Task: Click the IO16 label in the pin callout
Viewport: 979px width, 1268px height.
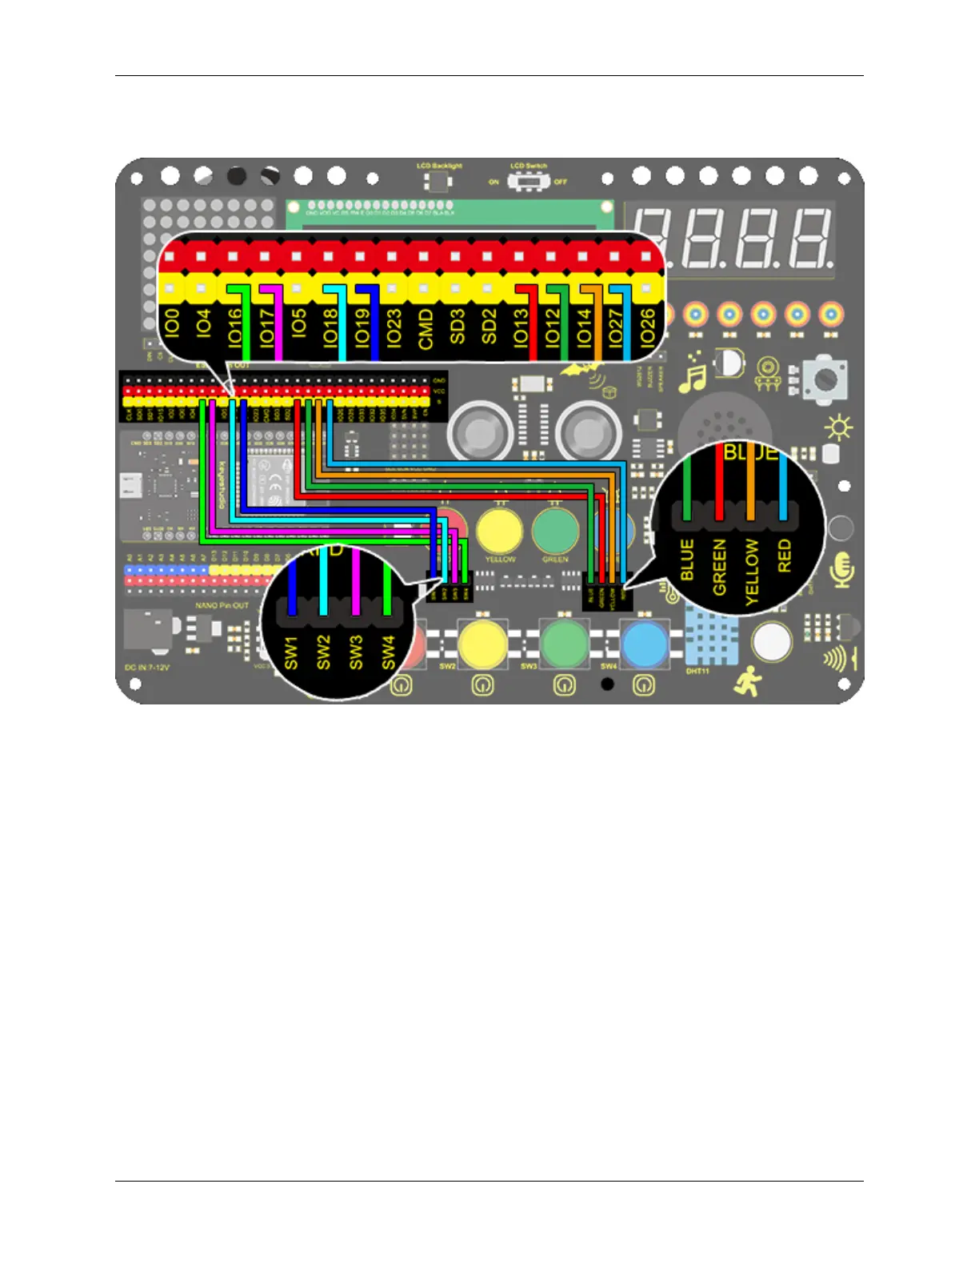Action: point(234,327)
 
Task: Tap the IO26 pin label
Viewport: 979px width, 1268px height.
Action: point(647,327)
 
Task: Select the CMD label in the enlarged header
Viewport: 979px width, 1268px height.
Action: point(425,328)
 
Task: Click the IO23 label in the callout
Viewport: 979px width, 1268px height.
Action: point(393,327)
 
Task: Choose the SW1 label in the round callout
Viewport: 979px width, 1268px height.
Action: point(291,652)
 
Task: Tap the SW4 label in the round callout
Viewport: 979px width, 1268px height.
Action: point(389,652)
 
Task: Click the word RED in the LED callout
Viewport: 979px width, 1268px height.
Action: point(784,555)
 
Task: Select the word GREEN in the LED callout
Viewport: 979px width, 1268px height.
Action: point(719,567)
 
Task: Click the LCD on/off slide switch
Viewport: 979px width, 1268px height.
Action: point(528,182)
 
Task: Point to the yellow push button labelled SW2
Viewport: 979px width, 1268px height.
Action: point(482,643)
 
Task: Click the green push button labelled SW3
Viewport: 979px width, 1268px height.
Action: point(564,644)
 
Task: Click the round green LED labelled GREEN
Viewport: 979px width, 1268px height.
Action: point(555,531)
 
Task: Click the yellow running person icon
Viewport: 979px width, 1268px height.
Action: point(748,682)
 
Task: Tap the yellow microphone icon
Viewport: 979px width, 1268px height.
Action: point(843,569)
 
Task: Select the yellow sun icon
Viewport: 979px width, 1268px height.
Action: point(838,428)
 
